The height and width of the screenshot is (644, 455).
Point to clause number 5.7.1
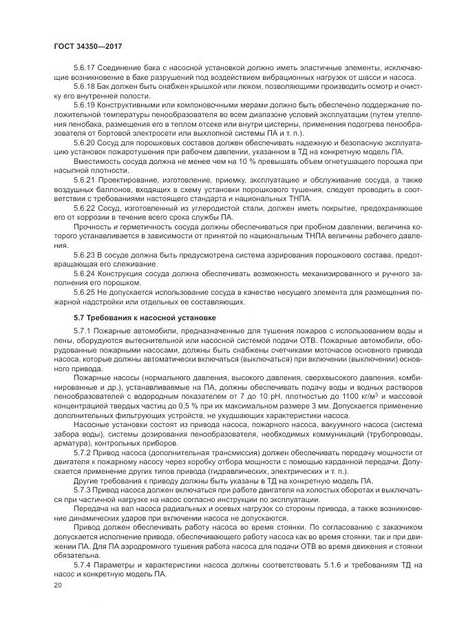(x=82, y=332)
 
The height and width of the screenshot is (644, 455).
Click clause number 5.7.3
(x=82, y=490)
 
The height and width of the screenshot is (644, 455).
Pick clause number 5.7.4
(x=82, y=564)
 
